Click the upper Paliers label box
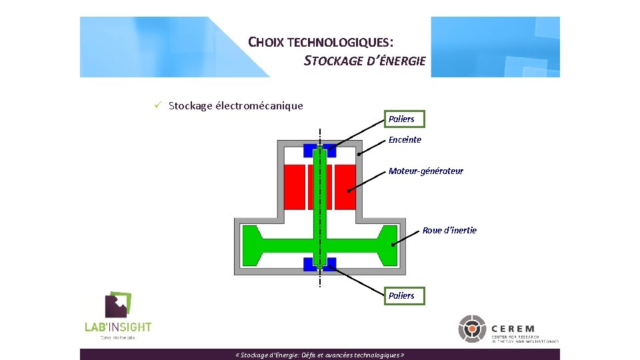pos(401,119)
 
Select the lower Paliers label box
pos(401,295)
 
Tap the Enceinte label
pos(405,139)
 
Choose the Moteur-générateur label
pos(426,171)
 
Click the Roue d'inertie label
pos(449,230)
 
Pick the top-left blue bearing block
pos(310,149)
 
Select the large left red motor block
pos(294,187)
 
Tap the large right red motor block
pos(345,187)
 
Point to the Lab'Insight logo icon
pos(119,305)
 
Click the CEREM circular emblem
pos(472,329)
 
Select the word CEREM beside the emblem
pos(513,329)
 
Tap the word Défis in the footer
pos(311,355)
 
